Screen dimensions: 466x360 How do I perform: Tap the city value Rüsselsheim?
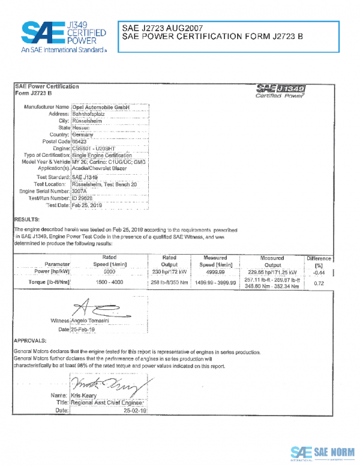pos(88,120)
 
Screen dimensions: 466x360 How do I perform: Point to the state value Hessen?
pos(81,127)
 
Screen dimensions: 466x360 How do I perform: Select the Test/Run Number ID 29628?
pos(82,198)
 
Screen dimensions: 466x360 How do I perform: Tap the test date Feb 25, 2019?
pos(88,205)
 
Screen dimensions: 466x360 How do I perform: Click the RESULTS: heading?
pos(27,220)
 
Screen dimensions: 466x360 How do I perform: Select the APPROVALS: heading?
pos(31,339)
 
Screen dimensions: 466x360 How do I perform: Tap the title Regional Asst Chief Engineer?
pos(109,404)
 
